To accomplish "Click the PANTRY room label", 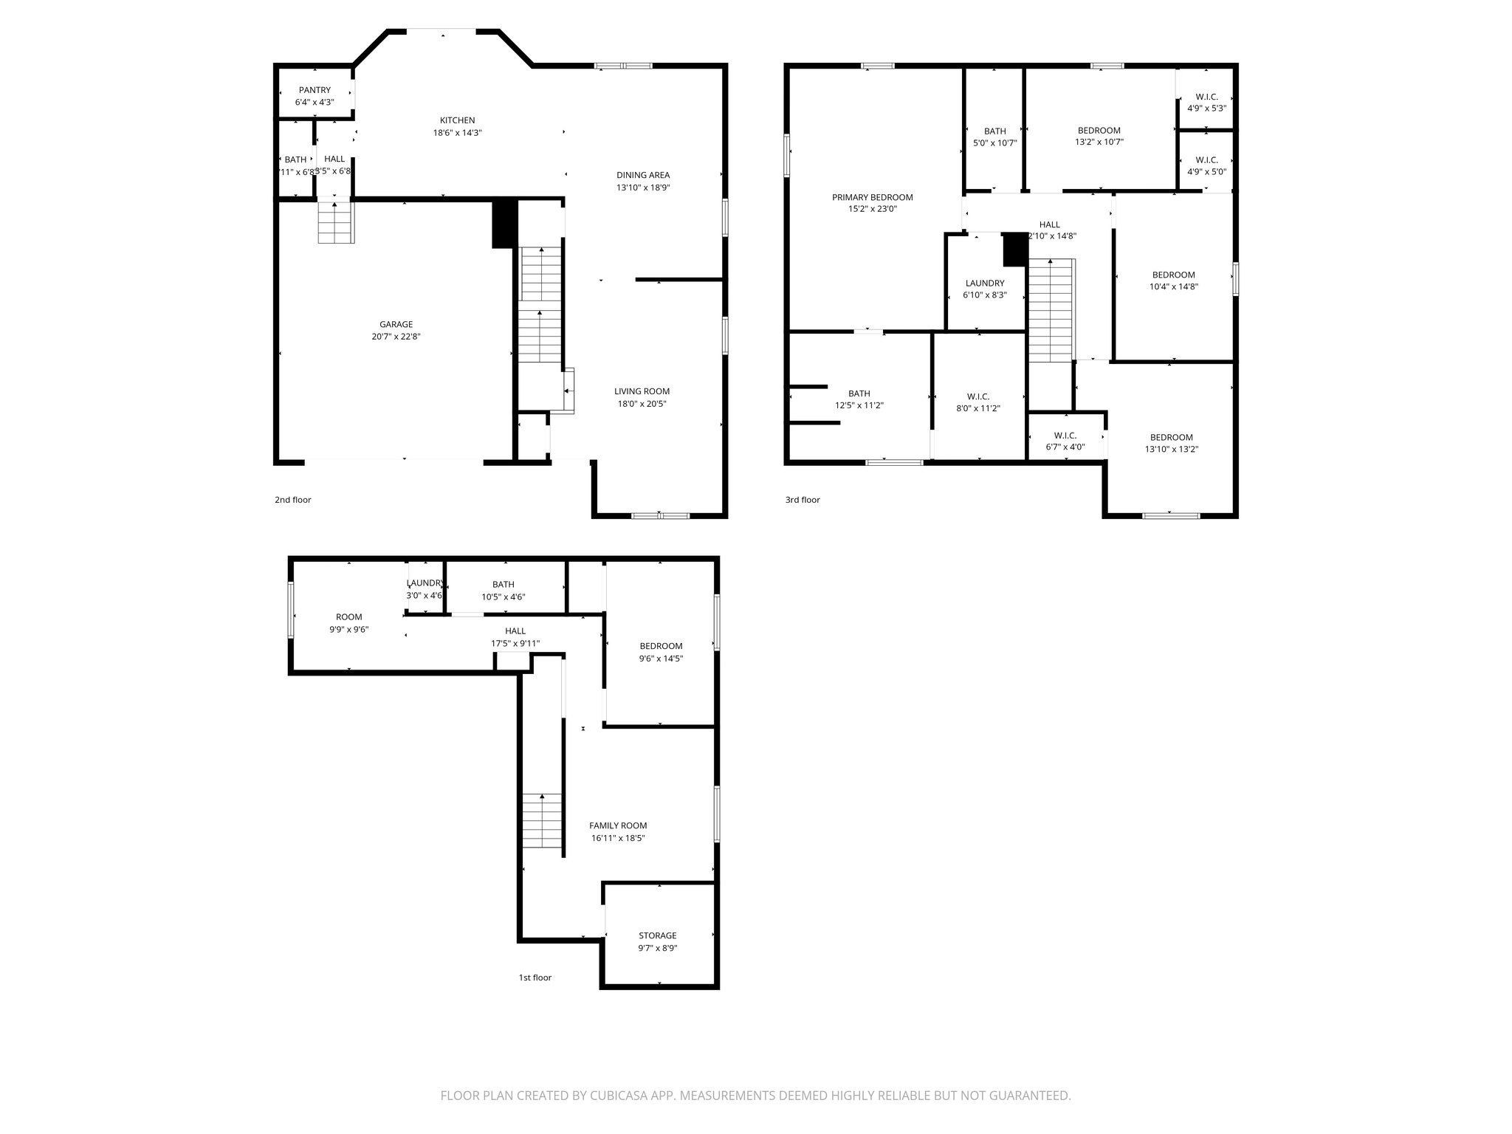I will [x=315, y=90].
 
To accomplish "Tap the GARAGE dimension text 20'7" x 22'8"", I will [x=396, y=337].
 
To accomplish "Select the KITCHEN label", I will [x=457, y=120].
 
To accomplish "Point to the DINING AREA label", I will [x=643, y=175].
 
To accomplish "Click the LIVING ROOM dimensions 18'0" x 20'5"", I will [x=642, y=404].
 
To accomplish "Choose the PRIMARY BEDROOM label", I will [x=872, y=197].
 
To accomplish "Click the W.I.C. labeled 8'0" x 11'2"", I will [x=977, y=402].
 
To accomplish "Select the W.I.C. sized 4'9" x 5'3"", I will [x=1206, y=103].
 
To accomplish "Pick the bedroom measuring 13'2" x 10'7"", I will [x=1099, y=137].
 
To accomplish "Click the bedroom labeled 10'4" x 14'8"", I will [x=1173, y=281].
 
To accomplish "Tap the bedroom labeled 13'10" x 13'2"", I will [x=1171, y=443].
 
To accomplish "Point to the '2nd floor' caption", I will [x=293, y=500].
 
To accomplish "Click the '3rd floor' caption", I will [x=803, y=500].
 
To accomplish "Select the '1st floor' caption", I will [x=535, y=977].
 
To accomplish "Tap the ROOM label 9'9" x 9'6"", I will [x=348, y=623].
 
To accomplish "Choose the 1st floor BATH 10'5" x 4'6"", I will [x=503, y=591].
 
